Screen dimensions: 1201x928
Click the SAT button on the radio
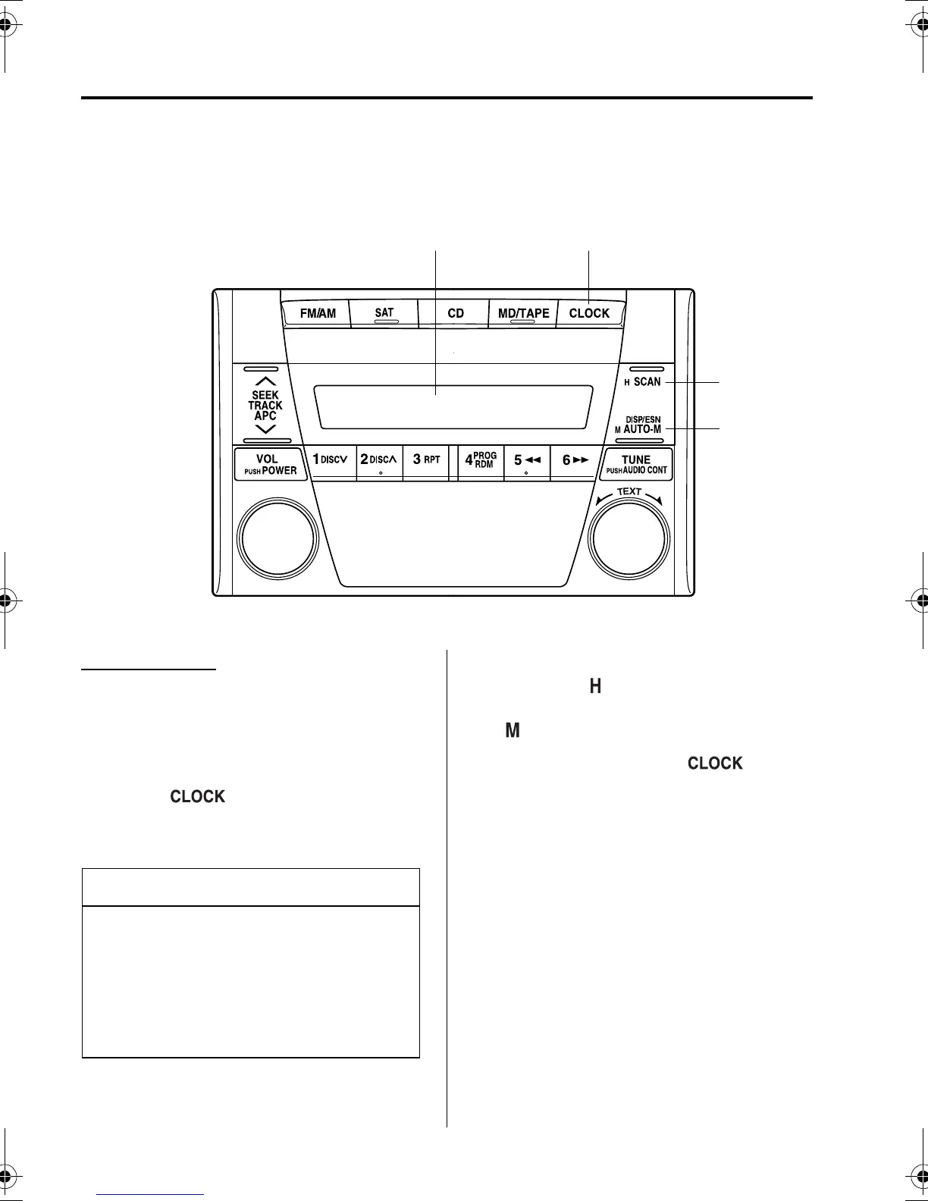pyautogui.click(x=384, y=313)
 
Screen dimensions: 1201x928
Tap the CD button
pyautogui.click(x=455, y=313)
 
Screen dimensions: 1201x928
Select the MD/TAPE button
pyautogui.click(x=523, y=313)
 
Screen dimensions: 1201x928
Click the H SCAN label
pyautogui.click(x=643, y=382)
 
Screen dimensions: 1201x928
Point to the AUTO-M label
pyautogui.click(x=641, y=429)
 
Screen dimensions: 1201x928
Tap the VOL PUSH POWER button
pyautogui.click(x=271, y=464)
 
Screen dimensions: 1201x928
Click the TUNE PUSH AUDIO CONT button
pyautogui.click(x=635, y=464)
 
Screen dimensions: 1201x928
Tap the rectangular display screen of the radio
pyautogui.click(x=453, y=406)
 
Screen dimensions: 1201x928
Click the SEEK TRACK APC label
pyautogui.click(x=265, y=406)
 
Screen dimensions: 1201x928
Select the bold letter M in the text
pyautogui.click(x=513, y=731)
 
